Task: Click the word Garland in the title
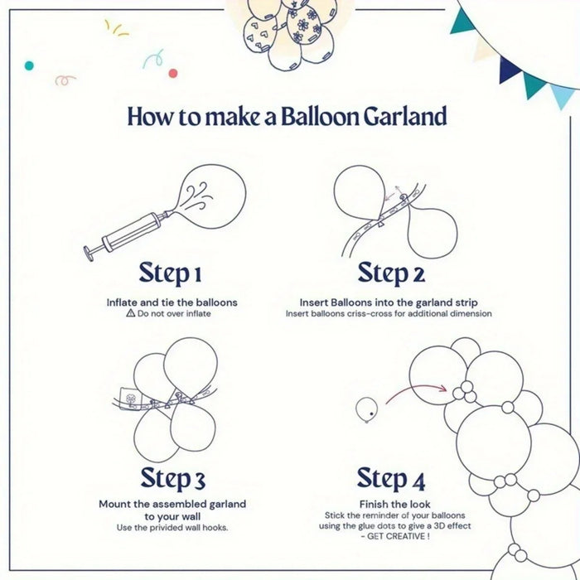click(405, 116)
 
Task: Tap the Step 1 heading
click(171, 272)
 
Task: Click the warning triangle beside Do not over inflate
click(130, 314)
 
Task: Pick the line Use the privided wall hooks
click(172, 528)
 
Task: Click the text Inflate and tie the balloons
click(172, 302)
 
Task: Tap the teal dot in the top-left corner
click(30, 65)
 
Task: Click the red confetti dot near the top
click(173, 73)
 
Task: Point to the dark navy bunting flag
click(507, 70)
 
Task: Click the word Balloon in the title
click(321, 116)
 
